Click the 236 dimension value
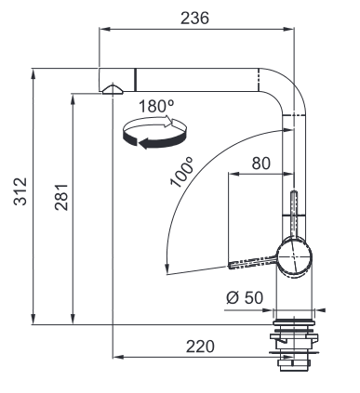click(x=194, y=18)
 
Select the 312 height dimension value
click(x=20, y=191)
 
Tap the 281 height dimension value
click(x=61, y=197)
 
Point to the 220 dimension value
click(x=200, y=347)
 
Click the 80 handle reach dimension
click(x=261, y=164)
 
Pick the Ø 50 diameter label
click(x=245, y=298)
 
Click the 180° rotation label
click(x=156, y=106)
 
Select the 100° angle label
click(x=181, y=172)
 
